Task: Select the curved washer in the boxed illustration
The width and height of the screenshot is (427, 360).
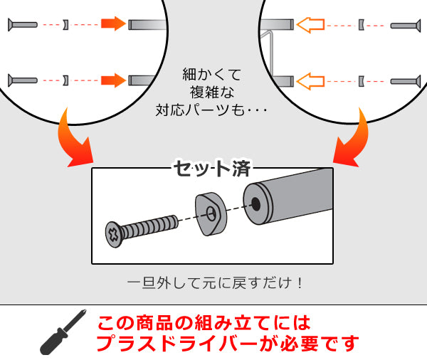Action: click(x=211, y=214)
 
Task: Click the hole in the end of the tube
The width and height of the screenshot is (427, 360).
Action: click(x=255, y=203)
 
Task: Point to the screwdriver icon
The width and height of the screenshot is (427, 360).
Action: click(x=63, y=332)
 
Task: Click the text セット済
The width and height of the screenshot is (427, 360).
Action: click(x=212, y=169)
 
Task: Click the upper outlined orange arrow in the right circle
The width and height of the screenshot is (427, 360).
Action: click(x=310, y=25)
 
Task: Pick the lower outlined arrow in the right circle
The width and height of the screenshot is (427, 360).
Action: click(x=310, y=81)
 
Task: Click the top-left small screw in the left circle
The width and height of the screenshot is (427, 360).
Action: click(x=23, y=25)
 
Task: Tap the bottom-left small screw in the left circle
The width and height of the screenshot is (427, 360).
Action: click(x=23, y=80)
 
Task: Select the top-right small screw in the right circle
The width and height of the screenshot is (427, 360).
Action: click(x=406, y=26)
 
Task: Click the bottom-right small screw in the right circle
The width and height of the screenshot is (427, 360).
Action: click(x=406, y=81)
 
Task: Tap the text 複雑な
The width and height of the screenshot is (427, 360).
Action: click(x=212, y=92)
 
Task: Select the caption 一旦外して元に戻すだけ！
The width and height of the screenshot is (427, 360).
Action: click(x=215, y=283)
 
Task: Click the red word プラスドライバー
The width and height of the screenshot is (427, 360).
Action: click(x=176, y=344)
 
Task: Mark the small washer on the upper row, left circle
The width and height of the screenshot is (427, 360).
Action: click(x=65, y=24)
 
